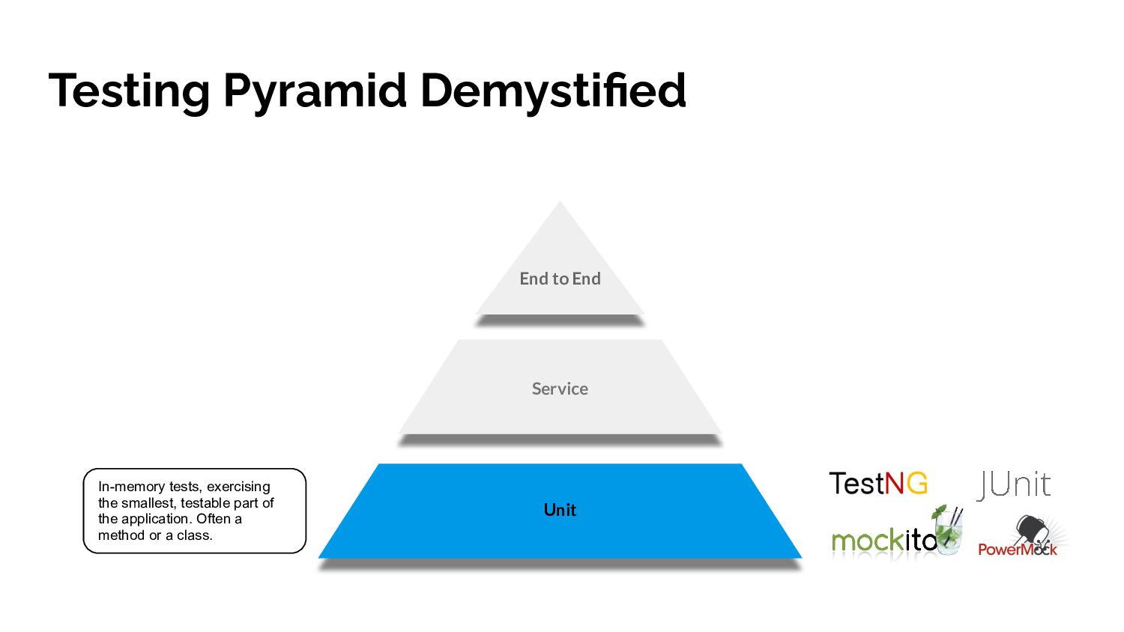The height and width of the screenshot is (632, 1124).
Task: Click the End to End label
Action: pos(560,279)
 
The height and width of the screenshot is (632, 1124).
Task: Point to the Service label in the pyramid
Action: pos(560,389)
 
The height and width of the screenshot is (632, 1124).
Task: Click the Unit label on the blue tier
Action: pos(560,510)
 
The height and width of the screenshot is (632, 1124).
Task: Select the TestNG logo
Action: pos(877,484)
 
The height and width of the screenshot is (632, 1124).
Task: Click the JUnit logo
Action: pos(1014,484)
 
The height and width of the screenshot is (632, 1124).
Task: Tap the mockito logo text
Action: pos(883,540)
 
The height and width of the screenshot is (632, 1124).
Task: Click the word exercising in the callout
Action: pos(238,487)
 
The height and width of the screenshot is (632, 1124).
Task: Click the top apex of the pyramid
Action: pos(560,204)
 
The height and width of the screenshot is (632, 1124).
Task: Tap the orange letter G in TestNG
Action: pos(917,484)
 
